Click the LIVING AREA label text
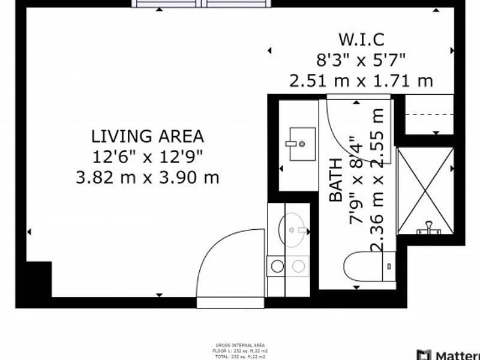click(148, 136)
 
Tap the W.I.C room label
click(361, 41)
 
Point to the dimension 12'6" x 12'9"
click(148, 157)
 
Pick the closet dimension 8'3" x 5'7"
click(361, 60)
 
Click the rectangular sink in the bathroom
click(302, 144)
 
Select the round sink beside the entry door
click(294, 229)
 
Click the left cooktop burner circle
click(277, 266)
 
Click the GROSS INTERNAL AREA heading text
click(239, 345)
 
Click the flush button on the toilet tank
click(389, 266)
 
